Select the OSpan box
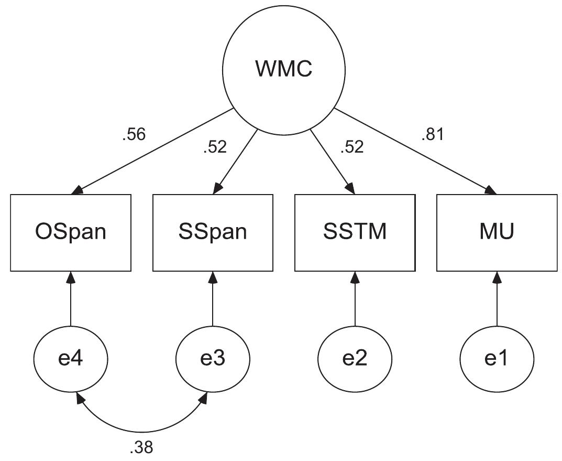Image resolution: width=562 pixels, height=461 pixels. [70, 232]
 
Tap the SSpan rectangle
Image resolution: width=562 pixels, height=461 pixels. [213, 232]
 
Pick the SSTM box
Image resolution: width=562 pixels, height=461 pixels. [355, 232]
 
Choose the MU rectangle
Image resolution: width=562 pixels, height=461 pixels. [497, 232]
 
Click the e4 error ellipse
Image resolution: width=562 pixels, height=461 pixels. [70, 360]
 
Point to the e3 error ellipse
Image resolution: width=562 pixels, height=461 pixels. [213, 360]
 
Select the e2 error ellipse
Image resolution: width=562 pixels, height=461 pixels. [355, 360]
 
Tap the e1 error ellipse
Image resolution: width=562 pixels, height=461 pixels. [497, 360]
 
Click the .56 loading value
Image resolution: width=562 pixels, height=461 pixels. [134, 135]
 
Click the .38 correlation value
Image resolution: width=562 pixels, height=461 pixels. [142, 447]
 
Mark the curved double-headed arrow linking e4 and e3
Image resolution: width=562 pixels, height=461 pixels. [141, 426]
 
